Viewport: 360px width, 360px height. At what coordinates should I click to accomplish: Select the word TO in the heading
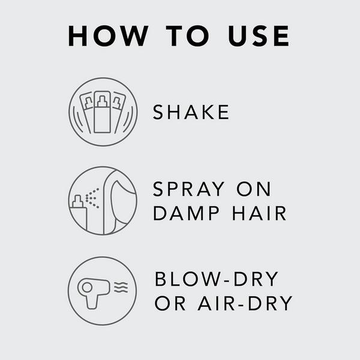point(181,36)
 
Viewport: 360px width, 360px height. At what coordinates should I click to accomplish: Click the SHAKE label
point(191,112)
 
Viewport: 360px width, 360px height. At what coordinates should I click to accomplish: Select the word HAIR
point(258,214)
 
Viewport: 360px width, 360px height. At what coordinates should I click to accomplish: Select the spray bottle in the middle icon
point(78,214)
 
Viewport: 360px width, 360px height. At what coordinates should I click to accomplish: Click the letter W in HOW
point(134,36)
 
